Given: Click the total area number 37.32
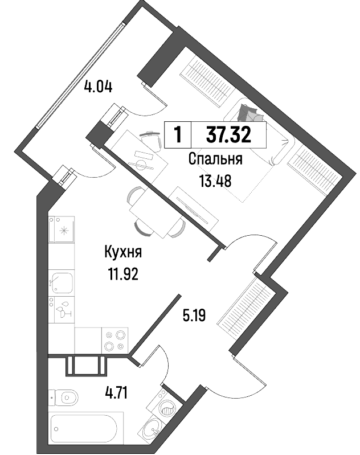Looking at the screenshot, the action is click(228, 135).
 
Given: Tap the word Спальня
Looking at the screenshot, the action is click(215, 159).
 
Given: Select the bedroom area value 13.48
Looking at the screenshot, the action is click(215, 181).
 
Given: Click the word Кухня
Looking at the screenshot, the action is click(123, 252).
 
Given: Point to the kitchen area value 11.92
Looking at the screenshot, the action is click(124, 274).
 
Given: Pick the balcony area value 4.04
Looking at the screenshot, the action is click(98, 87).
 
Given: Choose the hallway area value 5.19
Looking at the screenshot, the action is click(194, 315).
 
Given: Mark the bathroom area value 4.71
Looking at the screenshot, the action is click(116, 393).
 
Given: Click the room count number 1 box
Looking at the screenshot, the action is click(178, 135).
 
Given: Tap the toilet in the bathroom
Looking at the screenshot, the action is click(64, 397).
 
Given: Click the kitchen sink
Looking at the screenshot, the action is click(62, 283).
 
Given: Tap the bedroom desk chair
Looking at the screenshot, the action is click(151, 140).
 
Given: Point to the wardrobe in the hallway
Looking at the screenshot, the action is click(246, 309).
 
